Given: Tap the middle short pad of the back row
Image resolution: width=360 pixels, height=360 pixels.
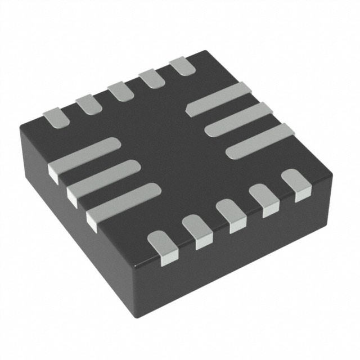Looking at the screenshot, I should (118, 91).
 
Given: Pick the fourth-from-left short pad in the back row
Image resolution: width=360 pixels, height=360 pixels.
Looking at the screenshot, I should (150, 78).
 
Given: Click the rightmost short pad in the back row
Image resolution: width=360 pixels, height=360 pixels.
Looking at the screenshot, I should (182, 66).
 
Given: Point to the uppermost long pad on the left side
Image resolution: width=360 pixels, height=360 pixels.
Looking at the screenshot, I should (84, 157).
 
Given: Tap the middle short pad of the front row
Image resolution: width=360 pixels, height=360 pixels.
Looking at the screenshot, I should (231, 214).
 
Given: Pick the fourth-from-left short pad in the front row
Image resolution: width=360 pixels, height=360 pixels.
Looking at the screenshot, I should (264, 198).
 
